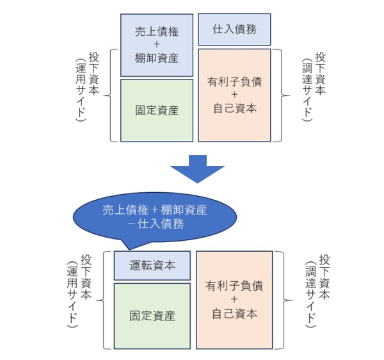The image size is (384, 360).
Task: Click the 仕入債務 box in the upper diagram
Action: point(234,29)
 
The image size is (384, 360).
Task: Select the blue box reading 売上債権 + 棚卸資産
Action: point(157,44)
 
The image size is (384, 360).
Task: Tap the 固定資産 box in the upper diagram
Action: point(157,110)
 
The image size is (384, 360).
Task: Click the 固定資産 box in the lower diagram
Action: point(152,316)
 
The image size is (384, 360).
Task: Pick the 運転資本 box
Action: point(152,265)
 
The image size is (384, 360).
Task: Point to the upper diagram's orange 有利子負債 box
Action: point(234,95)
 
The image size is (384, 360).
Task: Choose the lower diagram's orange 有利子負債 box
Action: point(234,299)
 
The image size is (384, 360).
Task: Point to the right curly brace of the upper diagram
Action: point(279,94)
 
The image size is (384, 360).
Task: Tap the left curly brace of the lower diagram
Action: point(104,299)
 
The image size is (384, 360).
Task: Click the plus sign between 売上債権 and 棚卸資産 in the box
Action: point(157,44)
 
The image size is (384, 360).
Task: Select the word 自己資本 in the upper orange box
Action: point(234,109)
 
